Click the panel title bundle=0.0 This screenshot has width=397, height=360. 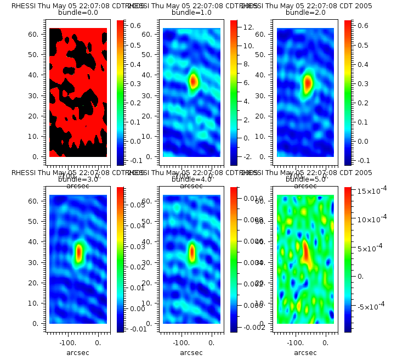click(x=77, y=12)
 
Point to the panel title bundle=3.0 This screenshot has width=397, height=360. click(x=77, y=179)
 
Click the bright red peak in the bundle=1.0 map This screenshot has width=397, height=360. click(x=193, y=81)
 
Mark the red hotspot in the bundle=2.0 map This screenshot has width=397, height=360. click(x=308, y=83)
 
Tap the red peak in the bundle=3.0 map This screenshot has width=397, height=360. click(x=79, y=252)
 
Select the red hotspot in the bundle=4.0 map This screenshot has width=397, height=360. click(x=192, y=251)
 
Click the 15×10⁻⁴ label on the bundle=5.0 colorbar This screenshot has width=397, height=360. click(x=372, y=191)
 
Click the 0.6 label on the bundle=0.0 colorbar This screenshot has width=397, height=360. click(x=135, y=25)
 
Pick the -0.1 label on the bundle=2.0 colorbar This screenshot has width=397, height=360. click(x=363, y=160)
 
